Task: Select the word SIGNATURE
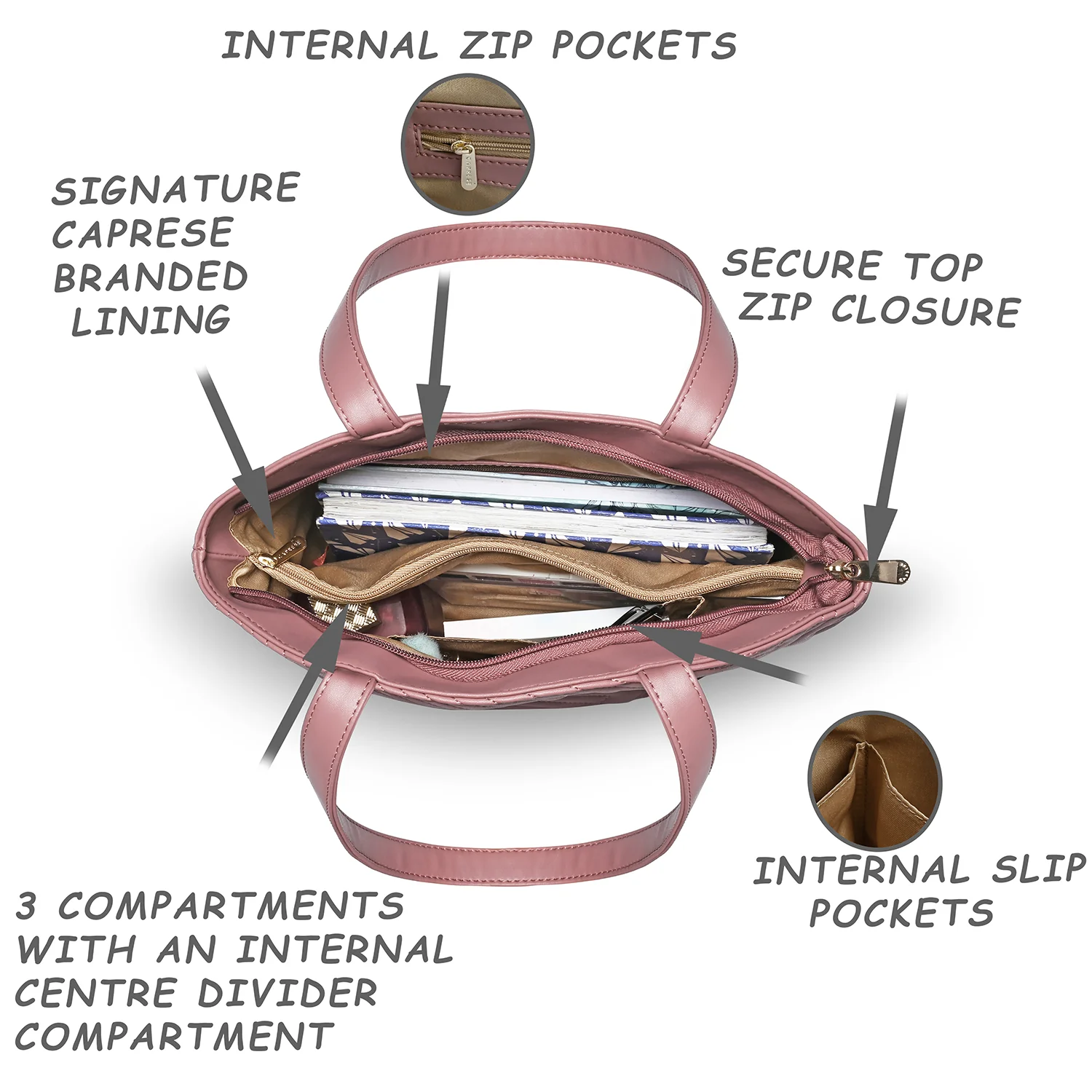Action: click(x=175, y=189)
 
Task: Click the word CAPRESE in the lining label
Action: click(x=142, y=234)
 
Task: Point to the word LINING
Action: click(x=151, y=321)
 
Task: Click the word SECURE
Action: click(x=802, y=264)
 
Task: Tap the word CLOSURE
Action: click(x=925, y=311)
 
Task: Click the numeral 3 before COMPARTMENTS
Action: click(x=26, y=906)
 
